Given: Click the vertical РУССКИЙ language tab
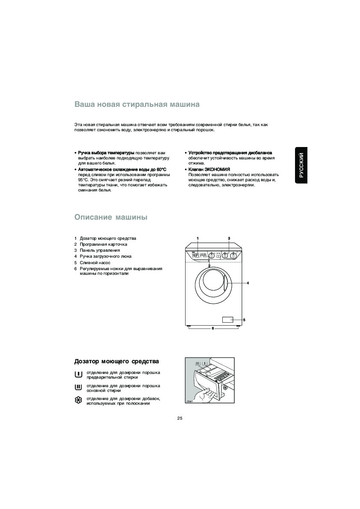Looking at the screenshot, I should [x=301, y=165].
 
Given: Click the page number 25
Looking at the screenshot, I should [x=180, y=418].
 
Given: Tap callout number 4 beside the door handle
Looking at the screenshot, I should [x=248, y=283].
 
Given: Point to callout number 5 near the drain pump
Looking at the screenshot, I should [x=244, y=320].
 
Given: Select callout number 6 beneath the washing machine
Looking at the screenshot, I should [x=212, y=328].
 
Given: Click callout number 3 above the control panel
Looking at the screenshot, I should [x=229, y=238].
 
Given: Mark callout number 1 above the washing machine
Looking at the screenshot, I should [x=198, y=238].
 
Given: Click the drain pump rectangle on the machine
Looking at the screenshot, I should [x=227, y=320].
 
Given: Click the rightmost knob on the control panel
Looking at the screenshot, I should [x=233, y=256].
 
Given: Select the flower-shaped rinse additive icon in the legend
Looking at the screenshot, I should [x=78, y=400].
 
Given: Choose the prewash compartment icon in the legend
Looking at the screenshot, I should [x=78, y=375].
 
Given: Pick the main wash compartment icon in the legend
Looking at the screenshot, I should [x=78, y=388].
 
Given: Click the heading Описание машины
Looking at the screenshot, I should [x=111, y=217].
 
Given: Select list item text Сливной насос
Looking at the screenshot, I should [x=95, y=262].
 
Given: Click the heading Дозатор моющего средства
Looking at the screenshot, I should [x=117, y=362].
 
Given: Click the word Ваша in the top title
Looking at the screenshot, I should [x=84, y=104].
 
